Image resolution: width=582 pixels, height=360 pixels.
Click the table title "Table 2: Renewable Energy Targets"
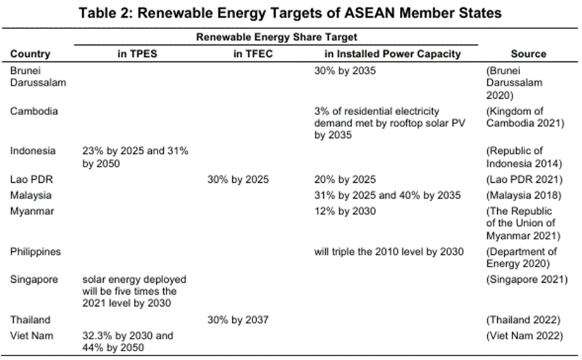pyautogui.click(x=290, y=13)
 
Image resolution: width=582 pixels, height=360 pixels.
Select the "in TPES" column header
pyautogui.click(x=137, y=54)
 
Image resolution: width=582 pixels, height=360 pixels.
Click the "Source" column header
pyautogui.click(x=528, y=54)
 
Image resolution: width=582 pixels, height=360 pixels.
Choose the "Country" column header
pyautogui.click(x=30, y=54)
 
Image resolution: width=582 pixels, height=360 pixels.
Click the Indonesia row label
pyautogui.click(x=33, y=151)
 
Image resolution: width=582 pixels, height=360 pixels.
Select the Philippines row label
pyautogui.click(x=35, y=251)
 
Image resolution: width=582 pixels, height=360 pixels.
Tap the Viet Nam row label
pyautogui.click(x=32, y=335)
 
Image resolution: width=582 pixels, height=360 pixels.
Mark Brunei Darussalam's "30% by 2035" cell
pyautogui.click(x=345, y=71)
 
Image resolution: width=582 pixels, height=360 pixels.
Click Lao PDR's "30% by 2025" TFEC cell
pyautogui.click(x=238, y=180)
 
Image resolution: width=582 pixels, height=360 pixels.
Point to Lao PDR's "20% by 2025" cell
pyautogui.click(x=345, y=180)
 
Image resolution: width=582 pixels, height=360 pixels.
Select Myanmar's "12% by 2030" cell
pyautogui.click(x=345, y=211)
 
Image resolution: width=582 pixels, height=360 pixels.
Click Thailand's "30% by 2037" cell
pyautogui.click(x=238, y=320)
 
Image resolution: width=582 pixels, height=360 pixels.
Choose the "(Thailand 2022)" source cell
pyautogui.click(x=524, y=320)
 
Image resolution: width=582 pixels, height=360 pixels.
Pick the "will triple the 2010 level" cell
pyautogui.click(x=389, y=251)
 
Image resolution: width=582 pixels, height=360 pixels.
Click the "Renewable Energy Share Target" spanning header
pyautogui.click(x=276, y=37)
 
